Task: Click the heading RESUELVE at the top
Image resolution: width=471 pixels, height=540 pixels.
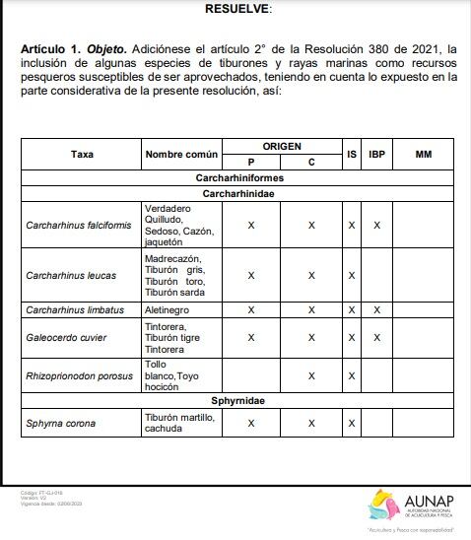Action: [x=236, y=8]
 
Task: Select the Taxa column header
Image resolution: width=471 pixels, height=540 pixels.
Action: [x=82, y=154]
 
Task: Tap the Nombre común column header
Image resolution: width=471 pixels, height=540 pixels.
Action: [x=181, y=154]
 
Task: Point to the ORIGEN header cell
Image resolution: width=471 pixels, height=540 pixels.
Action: [x=282, y=146]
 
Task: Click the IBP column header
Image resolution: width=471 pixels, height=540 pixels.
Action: [x=376, y=154]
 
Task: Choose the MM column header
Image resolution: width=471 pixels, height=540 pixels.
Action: [x=423, y=154]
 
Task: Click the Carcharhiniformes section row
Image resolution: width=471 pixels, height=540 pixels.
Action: [x=240, y=177]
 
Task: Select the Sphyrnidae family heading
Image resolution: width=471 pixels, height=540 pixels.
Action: [x=240, y=401]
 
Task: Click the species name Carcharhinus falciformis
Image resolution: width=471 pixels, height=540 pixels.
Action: [x=78, y=226]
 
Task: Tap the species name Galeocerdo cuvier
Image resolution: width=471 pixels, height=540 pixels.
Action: [x=67, y=337]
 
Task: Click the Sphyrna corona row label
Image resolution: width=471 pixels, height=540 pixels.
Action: [x=61, y=424]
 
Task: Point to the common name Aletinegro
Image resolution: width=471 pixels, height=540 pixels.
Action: [x=168, y=309]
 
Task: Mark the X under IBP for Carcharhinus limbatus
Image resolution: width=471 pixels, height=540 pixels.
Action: [x=376, y=309]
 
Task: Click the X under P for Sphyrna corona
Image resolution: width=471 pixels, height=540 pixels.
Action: [x=251, y=424]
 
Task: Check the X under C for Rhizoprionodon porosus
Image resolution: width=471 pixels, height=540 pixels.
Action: [x=311, y=375]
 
